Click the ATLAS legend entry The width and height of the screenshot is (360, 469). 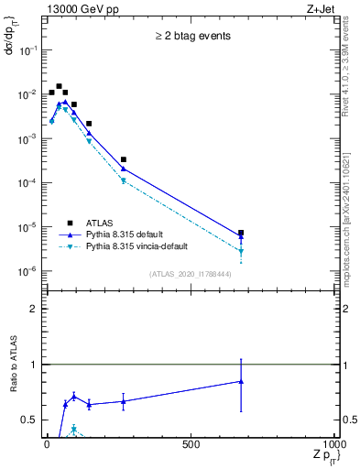coord(99,222)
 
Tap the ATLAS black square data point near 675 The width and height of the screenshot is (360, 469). coord(241,233)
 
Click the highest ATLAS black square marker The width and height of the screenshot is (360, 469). coord(59,87)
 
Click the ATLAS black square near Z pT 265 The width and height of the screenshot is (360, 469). coord(123,159)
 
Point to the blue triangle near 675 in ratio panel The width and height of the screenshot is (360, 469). coord(241,381)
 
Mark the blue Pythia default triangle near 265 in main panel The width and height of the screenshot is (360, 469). coord(123,169)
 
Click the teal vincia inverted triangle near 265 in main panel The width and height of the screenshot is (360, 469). coord(123,180)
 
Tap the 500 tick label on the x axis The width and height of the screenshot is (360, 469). coord(191,445)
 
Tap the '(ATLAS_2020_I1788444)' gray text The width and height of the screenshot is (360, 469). coord(191,273)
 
